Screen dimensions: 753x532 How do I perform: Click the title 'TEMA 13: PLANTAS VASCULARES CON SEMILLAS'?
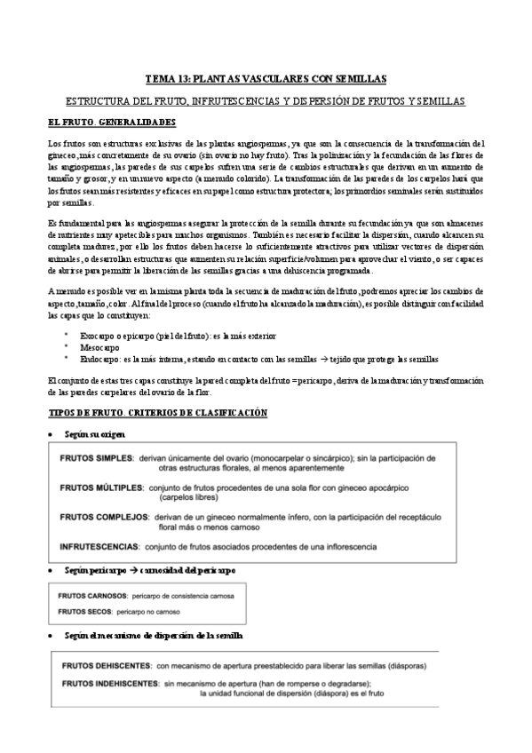(266, 78)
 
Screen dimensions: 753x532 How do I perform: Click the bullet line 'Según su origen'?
(95, 433)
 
